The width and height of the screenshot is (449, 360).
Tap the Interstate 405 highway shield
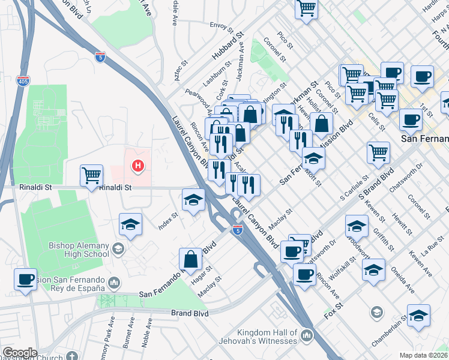(22, 80)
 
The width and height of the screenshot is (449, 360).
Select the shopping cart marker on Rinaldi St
(91, 176)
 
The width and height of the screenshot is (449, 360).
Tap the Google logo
(20, 352)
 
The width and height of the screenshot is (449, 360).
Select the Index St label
(168, 220)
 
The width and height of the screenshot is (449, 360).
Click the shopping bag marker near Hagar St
(190, 259)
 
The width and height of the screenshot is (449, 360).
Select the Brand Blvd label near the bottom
(190, 313)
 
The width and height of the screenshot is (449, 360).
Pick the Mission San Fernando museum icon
(113, 281)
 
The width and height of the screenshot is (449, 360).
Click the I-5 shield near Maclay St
(237, 229)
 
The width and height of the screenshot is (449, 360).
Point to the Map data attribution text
(423, 355)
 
